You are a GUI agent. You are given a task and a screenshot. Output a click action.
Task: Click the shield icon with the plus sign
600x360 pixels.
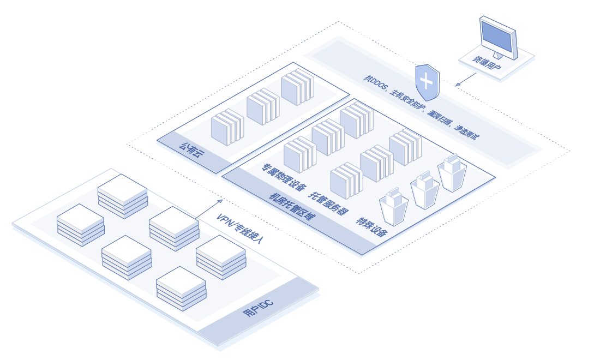click(427, 82)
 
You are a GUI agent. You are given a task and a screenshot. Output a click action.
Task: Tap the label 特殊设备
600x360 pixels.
click(372, 227)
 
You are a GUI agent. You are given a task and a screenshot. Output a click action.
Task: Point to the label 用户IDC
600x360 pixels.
click(258, 311)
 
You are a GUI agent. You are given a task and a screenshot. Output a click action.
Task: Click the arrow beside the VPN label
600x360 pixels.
click(208, 208)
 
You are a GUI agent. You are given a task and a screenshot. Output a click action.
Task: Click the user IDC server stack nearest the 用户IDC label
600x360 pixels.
click(181, 288)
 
